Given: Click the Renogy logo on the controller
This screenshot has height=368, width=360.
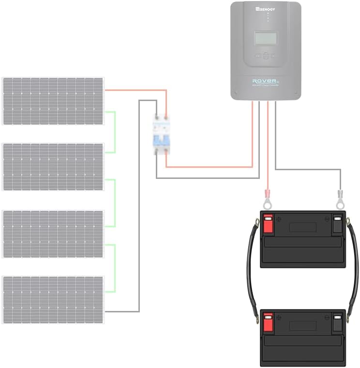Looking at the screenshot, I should [x=265, y=8].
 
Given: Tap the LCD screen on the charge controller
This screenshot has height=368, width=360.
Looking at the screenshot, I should [x=265, y=38].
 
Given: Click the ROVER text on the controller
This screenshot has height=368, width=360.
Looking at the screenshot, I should [x=264, y=81].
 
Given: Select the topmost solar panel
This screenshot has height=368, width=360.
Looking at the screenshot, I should [x=53, y=101].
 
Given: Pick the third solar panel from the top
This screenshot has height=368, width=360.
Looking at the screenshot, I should [x=53, y=234].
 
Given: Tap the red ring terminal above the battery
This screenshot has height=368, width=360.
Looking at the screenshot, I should [x=267, y=201].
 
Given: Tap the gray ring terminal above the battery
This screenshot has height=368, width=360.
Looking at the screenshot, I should [x=340, y=201].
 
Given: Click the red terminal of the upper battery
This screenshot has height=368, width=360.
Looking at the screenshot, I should [x=268, y=224].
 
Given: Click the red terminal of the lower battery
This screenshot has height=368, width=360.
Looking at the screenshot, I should [x=268, y=322].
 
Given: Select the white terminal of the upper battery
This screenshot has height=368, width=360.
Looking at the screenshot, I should [x=337, y=224].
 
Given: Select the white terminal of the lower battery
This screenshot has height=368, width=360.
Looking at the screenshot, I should [x=337, y=322].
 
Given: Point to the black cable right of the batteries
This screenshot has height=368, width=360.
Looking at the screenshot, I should [x=356, y=271].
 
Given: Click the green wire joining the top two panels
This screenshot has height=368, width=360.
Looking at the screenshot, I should [x=115, y=132].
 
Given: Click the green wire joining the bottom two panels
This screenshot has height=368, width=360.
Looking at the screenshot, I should [x=115, y=268].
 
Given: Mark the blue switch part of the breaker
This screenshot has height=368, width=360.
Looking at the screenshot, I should [x=161, y=141].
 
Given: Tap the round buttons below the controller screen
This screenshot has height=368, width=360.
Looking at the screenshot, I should [x=265, y=55].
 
